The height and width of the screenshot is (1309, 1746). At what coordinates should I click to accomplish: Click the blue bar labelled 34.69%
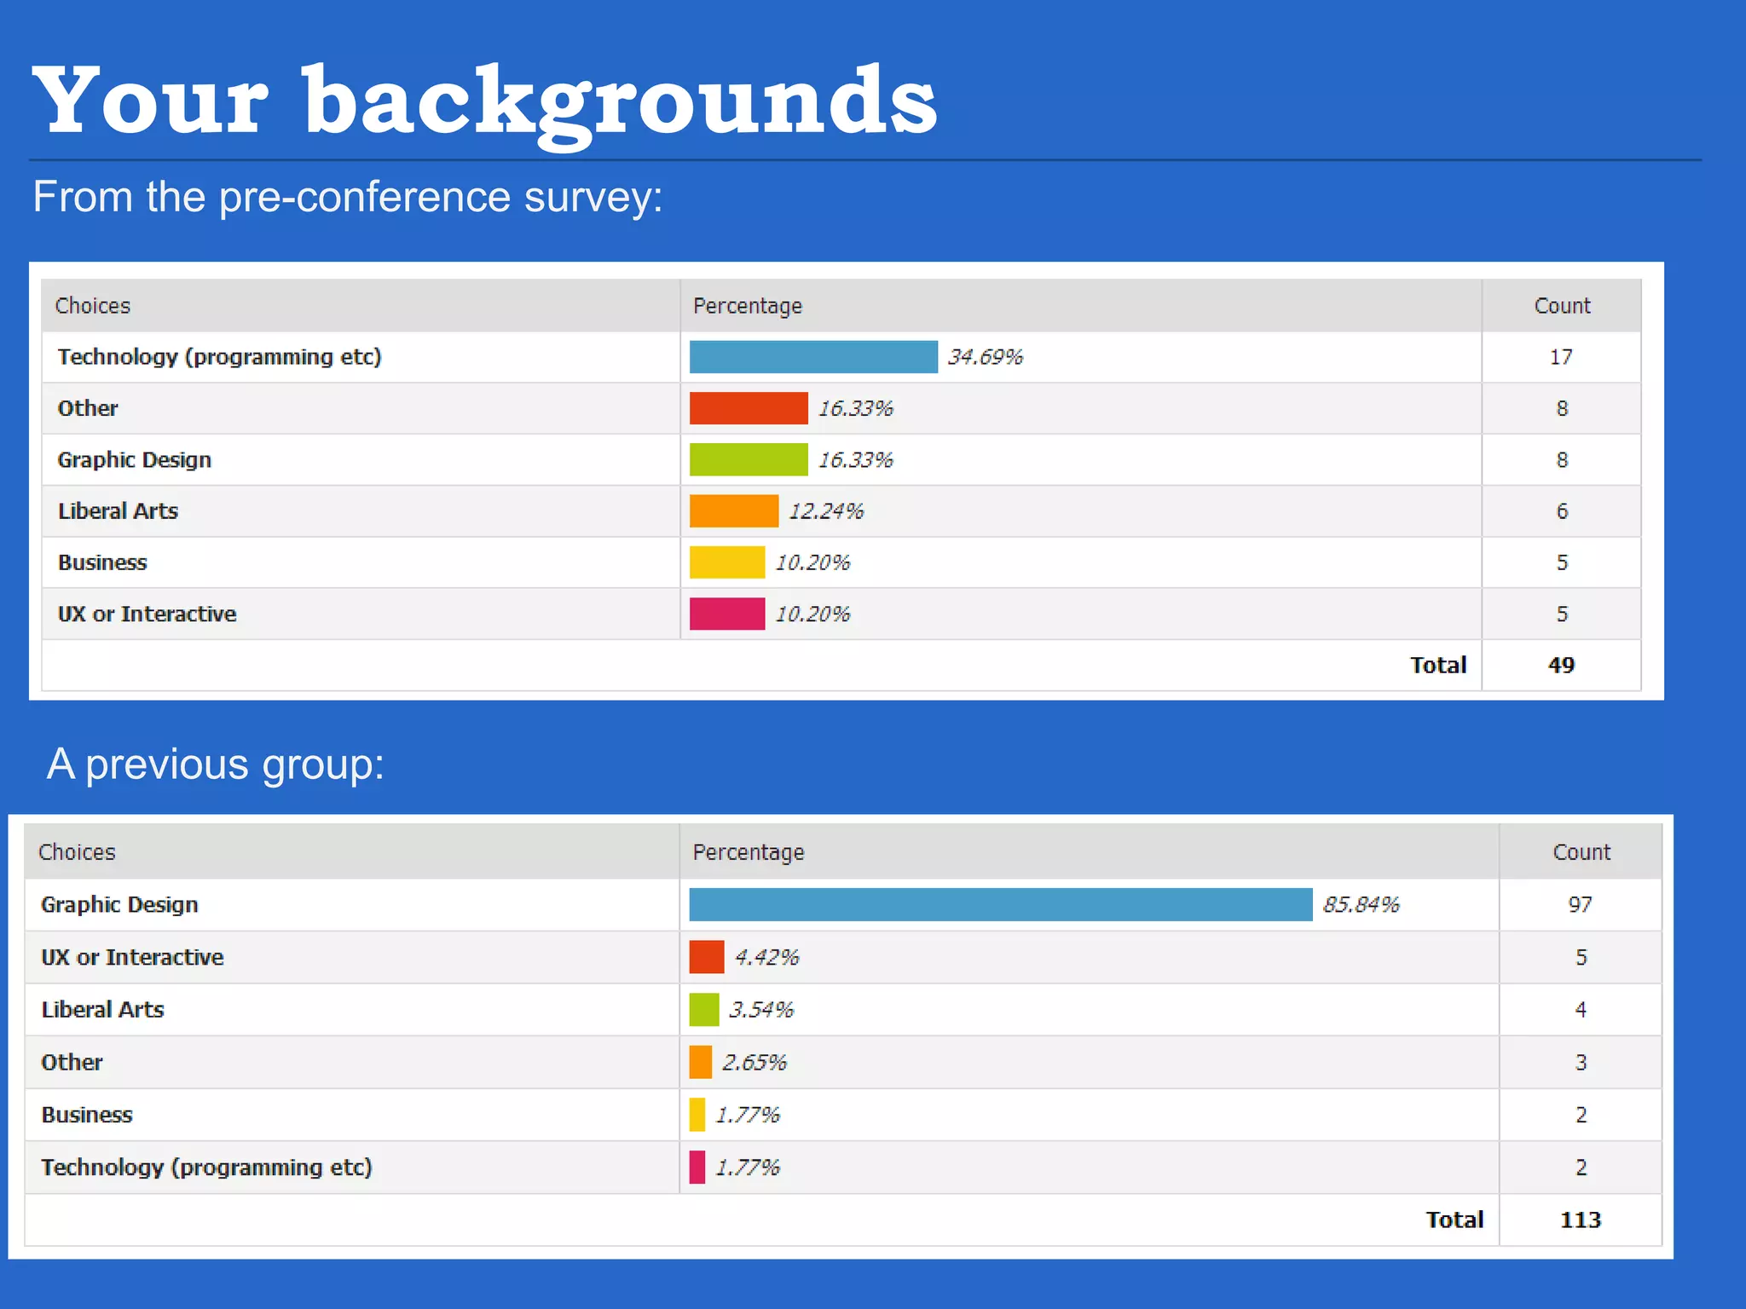coord(812,357)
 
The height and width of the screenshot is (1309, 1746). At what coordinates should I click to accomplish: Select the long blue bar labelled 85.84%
coord(1000,904)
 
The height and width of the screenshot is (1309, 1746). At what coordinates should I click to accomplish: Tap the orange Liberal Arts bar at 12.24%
coord(733,511)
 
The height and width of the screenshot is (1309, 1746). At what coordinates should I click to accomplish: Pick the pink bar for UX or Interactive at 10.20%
coord(726,614)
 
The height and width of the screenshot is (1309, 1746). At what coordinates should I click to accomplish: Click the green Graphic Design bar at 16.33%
coord(748,460)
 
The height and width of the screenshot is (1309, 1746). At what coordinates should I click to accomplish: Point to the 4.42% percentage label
coord(766,957)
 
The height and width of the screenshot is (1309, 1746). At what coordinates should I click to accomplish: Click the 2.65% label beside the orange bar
coord(754,1062)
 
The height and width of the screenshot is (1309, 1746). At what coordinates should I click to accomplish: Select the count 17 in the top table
coord(1561,357)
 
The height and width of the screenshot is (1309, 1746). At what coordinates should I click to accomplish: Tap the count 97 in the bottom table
coord(1580,904)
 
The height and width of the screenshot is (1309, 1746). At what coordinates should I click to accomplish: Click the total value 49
coord(1561,665)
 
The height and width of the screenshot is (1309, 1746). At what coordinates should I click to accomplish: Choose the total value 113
coord(1580,1220)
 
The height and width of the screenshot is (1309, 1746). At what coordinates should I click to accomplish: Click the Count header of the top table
coord(1562,306)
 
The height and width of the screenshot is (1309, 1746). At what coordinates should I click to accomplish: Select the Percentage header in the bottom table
coord(748,852)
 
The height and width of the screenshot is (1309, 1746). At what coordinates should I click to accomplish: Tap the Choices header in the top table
coord(93,306)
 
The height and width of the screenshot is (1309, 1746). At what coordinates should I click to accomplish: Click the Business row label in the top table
coord(102,562)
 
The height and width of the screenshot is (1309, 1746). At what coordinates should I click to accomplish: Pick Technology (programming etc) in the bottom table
coord(206,1167)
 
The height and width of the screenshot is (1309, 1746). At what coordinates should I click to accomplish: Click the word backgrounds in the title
coord(620,102)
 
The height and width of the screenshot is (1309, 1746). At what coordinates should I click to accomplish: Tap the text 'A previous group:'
coord(216,764)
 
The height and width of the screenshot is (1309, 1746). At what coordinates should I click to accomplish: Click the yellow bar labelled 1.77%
coord(697,1115)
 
